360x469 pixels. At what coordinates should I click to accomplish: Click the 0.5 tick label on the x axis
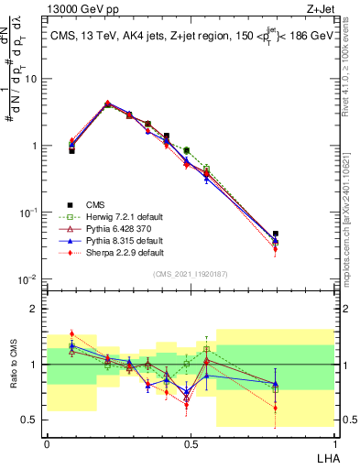[190, 442]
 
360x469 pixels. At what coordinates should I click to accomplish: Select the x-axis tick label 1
[333, 442]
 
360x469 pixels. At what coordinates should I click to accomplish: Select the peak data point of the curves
[107, 104]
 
